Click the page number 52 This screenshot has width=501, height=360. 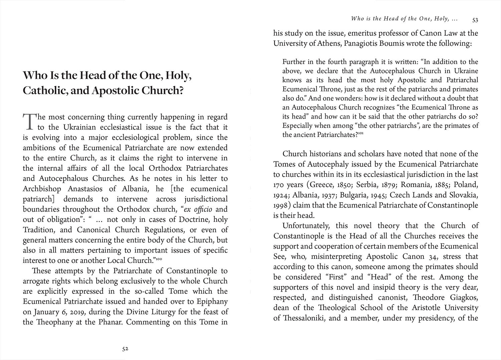click(x=125, y=349)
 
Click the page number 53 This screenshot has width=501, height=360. click(x=475, y=20)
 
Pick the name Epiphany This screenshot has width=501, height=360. click(x=212, y=302)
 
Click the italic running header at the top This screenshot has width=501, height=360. click(x=404, y=19)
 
